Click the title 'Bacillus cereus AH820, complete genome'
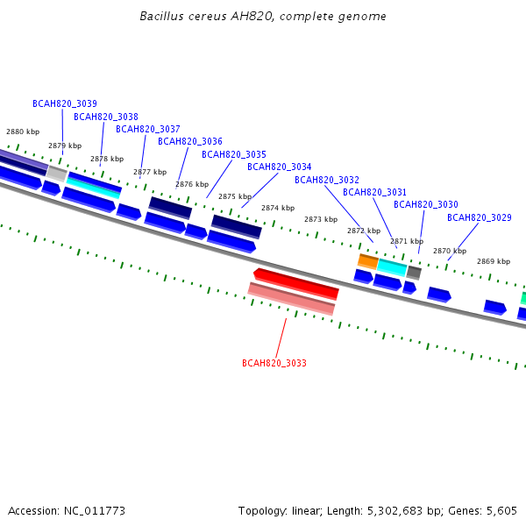(263, 16)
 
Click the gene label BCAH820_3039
(65, 103)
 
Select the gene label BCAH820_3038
(106, 117)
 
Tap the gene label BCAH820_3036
(190, 141)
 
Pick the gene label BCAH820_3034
(280, 167)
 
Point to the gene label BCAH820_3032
(327, 180)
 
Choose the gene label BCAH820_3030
(426, 204)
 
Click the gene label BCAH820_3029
(480, 217)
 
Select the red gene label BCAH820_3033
(274, 363)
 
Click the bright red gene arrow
(296, 283)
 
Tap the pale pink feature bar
(292, 299)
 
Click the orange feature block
(368, 261)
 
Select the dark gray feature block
(414, 273)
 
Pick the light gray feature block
(57, 174)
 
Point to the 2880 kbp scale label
(23, 131)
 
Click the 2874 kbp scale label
(278, 208)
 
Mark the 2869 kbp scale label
(494, 261)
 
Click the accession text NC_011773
(95, 511)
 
